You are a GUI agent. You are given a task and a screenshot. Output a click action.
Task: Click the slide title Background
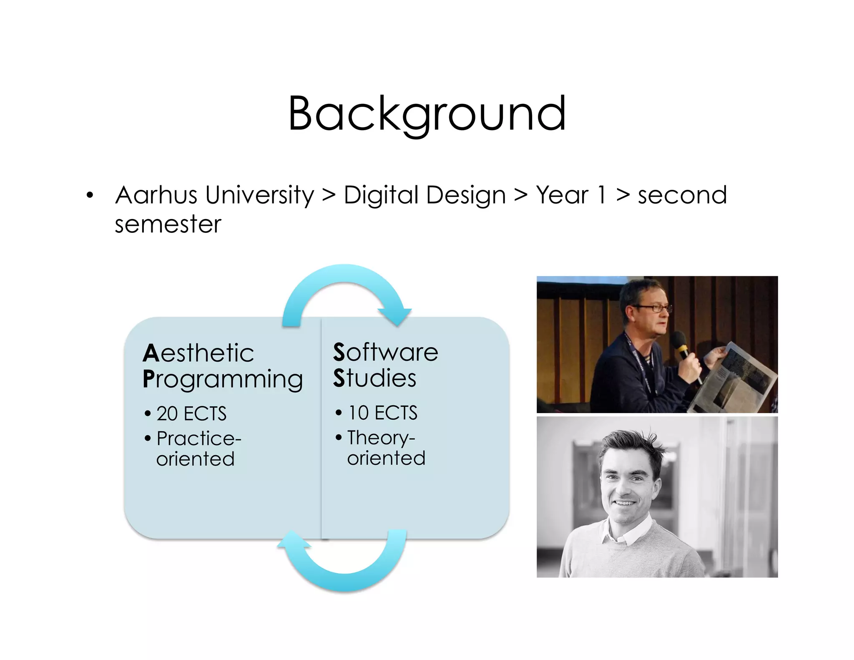427,113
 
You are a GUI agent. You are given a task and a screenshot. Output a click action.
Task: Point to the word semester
168,224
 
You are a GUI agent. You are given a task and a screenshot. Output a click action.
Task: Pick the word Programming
223,380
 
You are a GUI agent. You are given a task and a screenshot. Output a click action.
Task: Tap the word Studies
374,378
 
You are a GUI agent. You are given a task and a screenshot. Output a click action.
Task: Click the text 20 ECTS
191,414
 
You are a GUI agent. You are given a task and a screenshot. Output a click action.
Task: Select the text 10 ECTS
382,413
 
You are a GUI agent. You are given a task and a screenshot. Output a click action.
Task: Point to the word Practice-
199,438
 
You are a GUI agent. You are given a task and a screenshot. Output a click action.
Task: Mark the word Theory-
381,438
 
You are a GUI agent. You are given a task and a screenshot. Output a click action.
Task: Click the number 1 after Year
601,195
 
